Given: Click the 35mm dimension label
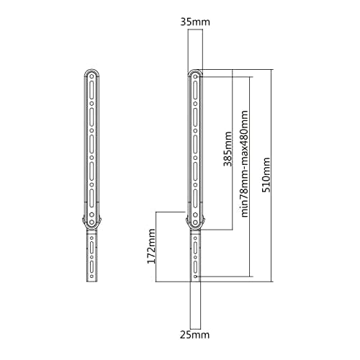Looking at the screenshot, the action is (195, 22).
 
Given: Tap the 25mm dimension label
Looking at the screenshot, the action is (194, 335).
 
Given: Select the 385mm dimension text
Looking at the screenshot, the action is (228, 149).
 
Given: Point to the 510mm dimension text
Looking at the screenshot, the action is (266, 175).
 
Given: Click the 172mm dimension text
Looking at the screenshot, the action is (151, 246).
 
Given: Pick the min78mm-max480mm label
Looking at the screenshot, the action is (244, 164).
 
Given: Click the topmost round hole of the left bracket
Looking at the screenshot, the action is (91, 76).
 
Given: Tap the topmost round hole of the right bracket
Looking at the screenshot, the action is (196, 76).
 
